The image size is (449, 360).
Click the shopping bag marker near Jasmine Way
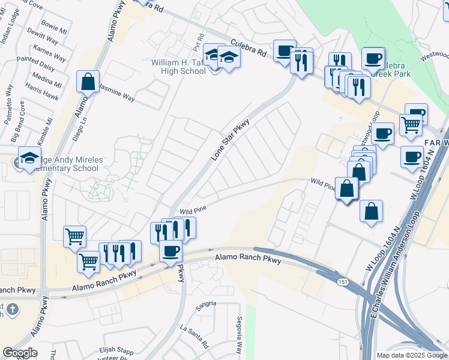88,82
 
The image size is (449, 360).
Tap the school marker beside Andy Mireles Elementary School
29,159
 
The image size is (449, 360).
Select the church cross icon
13,310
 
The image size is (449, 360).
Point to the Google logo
20,353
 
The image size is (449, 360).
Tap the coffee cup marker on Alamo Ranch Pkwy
170,250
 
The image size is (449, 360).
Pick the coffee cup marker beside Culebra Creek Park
373,59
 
